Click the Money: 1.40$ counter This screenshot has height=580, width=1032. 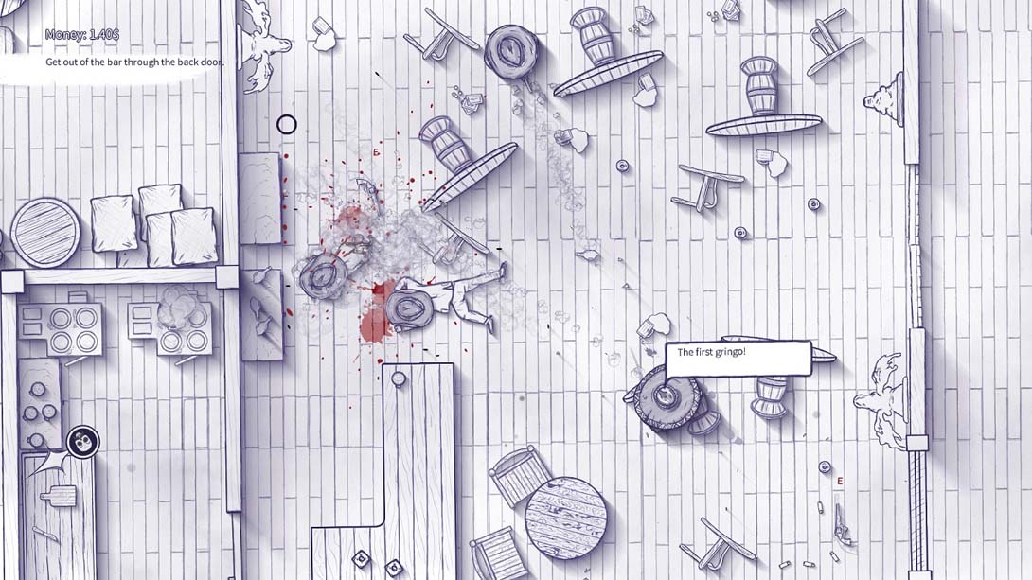(x=82, y=35)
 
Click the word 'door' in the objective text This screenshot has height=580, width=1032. (x=209, y=62)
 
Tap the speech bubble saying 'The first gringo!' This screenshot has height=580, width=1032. (x=738, y=359)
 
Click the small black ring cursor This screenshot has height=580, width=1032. (x=286, y=124)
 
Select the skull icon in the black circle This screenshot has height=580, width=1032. (x=83, y=442)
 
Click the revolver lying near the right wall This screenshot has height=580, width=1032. (x=841, y=524)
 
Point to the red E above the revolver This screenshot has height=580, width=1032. (x=840, y=482)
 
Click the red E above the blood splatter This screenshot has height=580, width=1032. (x=377, y=152)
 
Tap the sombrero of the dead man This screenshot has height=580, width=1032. (x=409, y=309)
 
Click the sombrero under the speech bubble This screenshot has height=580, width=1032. (x=666, y=397)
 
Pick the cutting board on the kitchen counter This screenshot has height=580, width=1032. (x=60, y=495)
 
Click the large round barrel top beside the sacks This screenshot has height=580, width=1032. (x=45, y=233)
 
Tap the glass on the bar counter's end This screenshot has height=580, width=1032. (x=399, y=378)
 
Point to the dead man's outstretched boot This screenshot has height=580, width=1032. (x=502, y=270)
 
